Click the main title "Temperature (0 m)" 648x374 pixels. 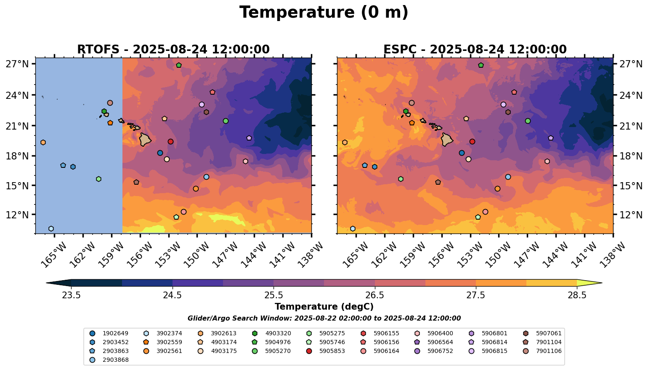point(324,13)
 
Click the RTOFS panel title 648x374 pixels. point(173,50)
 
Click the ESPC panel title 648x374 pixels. point(475,50)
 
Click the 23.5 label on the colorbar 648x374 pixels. point(71,295)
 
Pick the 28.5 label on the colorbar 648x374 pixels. point(577,295)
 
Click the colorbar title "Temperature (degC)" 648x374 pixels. point(324,307)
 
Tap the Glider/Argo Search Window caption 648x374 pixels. point(324,318)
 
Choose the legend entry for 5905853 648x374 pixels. point(332,351)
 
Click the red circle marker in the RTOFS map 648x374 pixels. point(170,142)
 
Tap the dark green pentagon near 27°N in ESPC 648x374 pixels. point(481,65)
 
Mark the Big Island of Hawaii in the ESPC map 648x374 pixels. point(447,139)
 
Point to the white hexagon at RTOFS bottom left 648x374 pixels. point(51,229)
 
